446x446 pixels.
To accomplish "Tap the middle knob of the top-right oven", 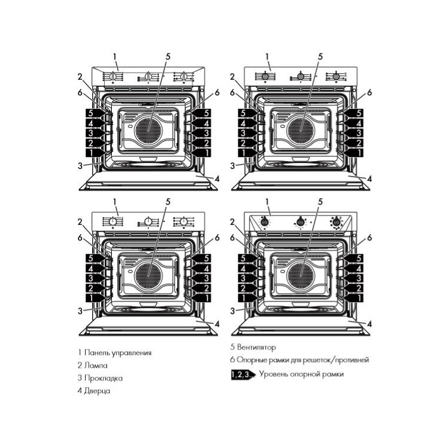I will (301, 77).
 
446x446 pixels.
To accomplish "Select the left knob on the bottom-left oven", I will (113, 222).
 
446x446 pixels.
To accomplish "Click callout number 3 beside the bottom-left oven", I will (79, 310).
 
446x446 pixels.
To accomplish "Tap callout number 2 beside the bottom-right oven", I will (232, 222).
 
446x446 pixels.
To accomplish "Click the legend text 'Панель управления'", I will (118, 353).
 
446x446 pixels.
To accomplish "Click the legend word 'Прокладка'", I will (104, 378).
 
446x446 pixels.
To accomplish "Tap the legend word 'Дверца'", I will (98, 391).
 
